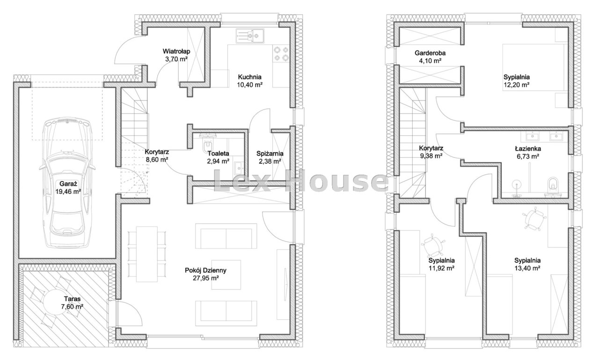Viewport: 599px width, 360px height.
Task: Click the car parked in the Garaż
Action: (x=67, y=183)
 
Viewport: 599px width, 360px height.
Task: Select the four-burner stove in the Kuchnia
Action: (x=281, y=54)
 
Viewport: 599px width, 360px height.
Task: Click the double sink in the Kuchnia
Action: (x=250, y=36)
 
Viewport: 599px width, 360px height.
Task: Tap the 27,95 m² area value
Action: (x=206, y=278)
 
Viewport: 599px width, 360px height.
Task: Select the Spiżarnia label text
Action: (x=270, y=154)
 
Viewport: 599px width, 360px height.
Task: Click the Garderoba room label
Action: (x=430, y=53)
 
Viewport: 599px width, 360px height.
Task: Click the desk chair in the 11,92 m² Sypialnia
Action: (x=433, y=245)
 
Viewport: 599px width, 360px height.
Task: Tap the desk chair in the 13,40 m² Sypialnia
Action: (x=534, y=218)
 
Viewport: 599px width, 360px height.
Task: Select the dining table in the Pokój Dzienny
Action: (x=146, y=254)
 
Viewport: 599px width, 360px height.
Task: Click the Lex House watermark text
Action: (x=301, y=182)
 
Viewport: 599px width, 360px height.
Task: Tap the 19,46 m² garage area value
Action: (x=68, y=191)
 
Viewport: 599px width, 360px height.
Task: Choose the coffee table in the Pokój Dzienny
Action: (x=226, y=275)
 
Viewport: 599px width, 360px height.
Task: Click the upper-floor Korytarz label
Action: (x=431, y=148)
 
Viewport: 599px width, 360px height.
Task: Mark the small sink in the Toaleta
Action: (x=239, y=168)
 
